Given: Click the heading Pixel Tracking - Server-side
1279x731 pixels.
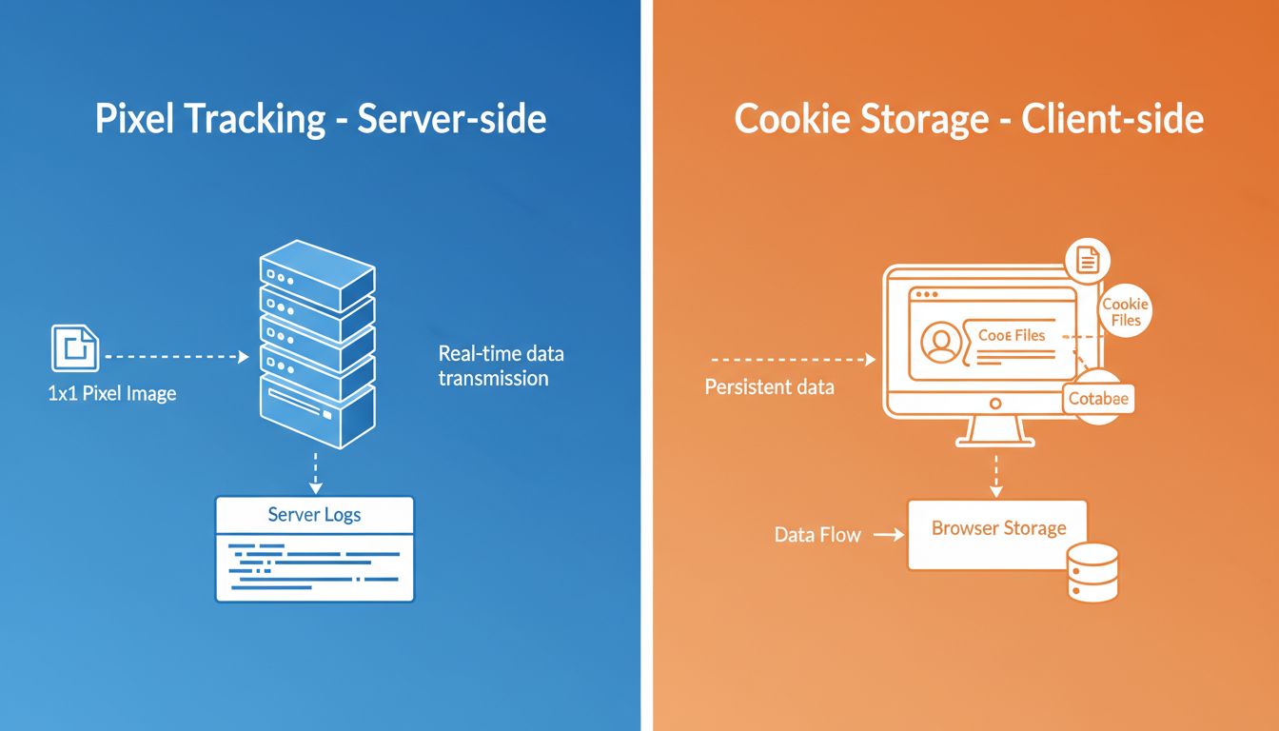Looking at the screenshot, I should tap(321, 120).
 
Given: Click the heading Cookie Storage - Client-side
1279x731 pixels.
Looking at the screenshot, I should tap(969, 120).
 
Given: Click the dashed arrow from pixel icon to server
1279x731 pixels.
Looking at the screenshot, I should tap(175, 357).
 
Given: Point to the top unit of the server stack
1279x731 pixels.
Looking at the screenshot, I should tap(318, 268).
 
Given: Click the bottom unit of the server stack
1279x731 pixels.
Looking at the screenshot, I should tap(318, 411).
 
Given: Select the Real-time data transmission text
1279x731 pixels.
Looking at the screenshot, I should tap(501, 366).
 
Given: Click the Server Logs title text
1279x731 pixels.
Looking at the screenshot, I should tap(314, 515).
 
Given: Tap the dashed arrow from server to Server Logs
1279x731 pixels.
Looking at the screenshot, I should tap(316, 470).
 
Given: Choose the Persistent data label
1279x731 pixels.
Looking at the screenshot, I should tap(769, 387).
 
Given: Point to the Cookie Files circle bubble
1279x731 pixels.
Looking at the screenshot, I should tap(1125, 312).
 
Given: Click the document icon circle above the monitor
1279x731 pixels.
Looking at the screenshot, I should tap(1087, 258).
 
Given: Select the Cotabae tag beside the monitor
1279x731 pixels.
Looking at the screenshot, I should tap(1098, 399).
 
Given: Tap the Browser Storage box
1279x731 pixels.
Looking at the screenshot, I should tap(997, 534).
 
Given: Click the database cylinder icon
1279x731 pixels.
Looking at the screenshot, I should tap(1092, 571).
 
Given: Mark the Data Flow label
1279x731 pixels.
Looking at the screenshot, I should tap(817, 535).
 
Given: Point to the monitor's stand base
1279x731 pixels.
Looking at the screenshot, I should tap(995, 439).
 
